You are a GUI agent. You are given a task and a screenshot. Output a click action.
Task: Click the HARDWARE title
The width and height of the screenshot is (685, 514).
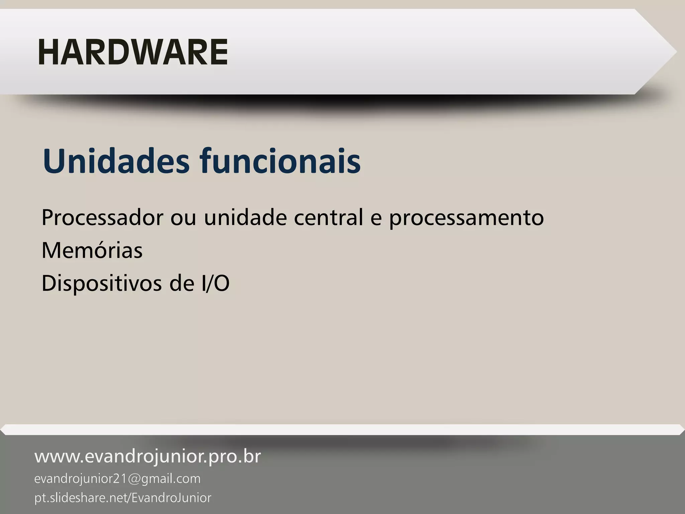[133, 52]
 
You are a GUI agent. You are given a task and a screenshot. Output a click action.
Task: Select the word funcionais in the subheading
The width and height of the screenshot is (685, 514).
[280, 161]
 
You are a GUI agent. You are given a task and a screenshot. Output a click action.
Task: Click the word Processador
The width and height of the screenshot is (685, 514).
[102, 218]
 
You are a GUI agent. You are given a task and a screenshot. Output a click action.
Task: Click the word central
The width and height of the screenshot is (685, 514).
[328, 218]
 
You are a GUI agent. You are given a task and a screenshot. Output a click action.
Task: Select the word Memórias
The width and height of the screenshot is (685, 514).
[92, 250]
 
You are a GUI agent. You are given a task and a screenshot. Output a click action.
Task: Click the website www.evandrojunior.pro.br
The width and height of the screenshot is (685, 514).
[148, 457]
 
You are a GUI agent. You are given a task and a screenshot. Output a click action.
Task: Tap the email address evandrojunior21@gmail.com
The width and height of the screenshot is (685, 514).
[117, 479]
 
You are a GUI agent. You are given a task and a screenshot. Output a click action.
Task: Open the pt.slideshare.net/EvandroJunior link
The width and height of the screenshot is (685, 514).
[123, 498]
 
